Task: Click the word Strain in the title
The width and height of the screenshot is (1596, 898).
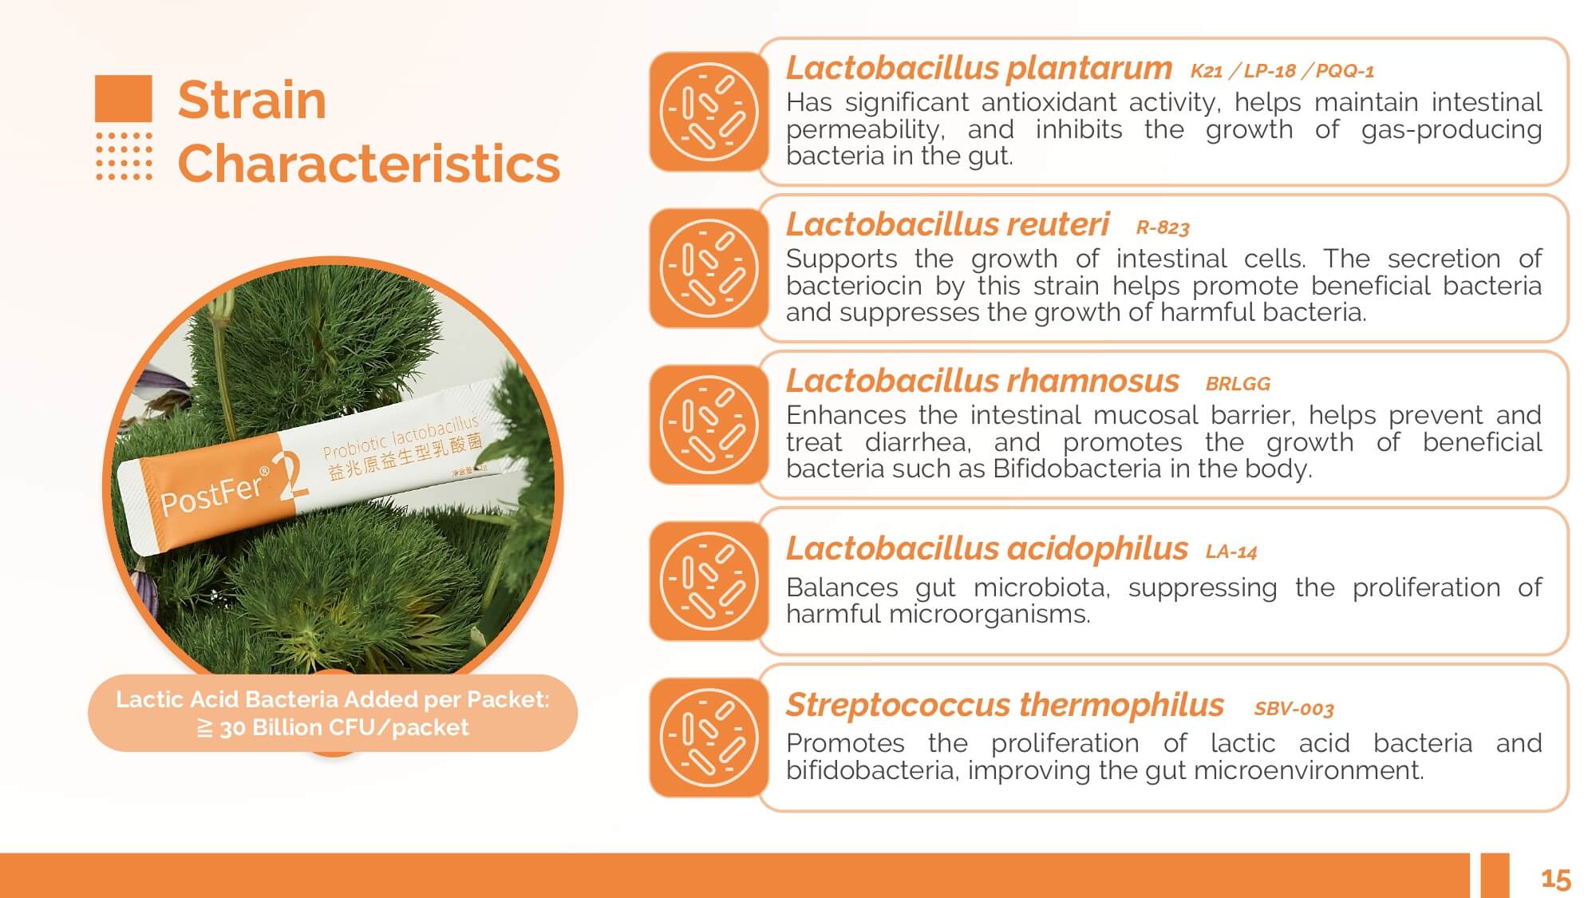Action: click(252, 101)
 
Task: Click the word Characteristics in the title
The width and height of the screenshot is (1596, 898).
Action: click(369, 164)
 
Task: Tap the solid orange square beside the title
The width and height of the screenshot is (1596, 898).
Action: click(124, 98)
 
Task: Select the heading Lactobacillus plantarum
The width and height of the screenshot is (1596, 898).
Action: click(978, 69)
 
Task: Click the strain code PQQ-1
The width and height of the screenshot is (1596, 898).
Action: click(1345, 71)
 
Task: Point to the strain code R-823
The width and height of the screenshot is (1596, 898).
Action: click(1163, 228)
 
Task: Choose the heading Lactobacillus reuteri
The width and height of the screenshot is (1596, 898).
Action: click(947, 225)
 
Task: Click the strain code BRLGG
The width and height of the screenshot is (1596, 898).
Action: click(1238, 384)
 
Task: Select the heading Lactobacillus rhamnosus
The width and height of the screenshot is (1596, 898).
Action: click(982, 382)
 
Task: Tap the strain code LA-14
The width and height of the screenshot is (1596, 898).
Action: click(1231, 552)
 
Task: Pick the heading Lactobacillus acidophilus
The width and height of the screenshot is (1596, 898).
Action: click(986, 549)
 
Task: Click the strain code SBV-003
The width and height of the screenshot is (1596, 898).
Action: click(1294, 709)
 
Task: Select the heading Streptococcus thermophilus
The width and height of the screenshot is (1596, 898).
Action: click(1005, 706)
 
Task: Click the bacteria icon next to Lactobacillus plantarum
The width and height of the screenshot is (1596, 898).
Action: click(709, 112)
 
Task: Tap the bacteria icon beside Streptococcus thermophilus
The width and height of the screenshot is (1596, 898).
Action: click(709, 738)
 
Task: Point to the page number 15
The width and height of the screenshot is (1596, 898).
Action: click(1555, 880)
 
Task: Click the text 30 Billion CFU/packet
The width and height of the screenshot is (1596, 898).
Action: click(344, 728)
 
